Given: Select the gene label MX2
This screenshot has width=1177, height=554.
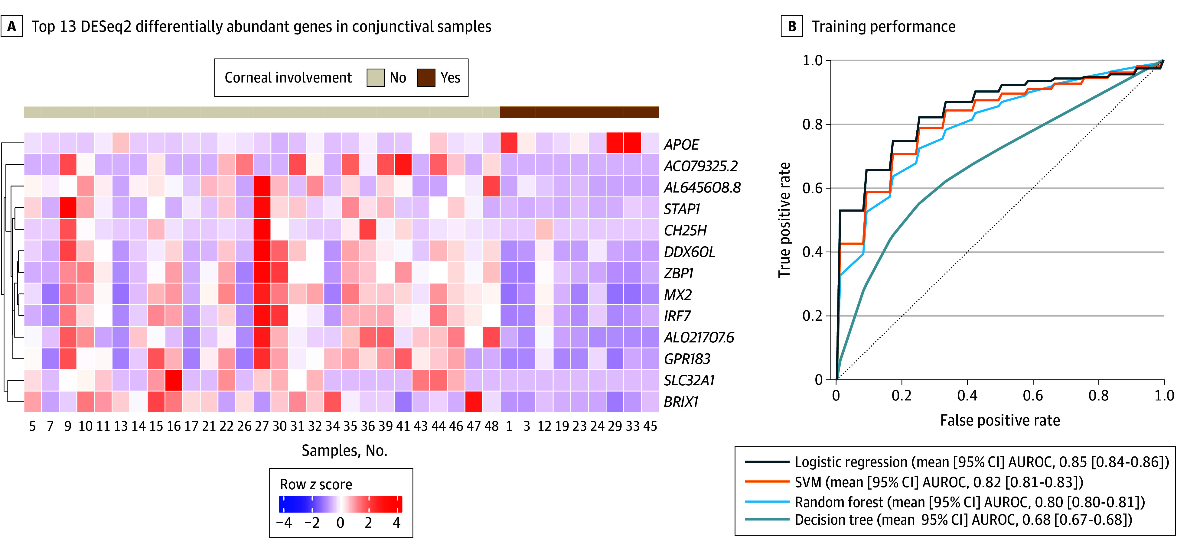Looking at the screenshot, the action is (x=678, y=295).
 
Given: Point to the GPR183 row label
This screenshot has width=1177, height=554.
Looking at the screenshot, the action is (x=687, y=359).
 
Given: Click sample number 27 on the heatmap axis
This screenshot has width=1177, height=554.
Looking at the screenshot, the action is (x=262, y=426).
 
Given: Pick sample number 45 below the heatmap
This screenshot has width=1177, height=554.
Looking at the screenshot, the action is (x=650, y=426).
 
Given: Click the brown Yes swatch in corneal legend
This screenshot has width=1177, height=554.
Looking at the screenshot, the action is (x=426, y=78).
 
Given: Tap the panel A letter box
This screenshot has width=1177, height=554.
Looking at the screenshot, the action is (x=11, y=27).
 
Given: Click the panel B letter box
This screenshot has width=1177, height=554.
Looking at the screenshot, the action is (x=792, y=27).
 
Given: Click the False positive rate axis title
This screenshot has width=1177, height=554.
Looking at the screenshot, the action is (x=1000, y=420).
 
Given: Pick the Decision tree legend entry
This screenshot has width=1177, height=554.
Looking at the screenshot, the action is (x=938, y=520).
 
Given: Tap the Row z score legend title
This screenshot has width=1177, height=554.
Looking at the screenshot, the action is (x=316, y=484).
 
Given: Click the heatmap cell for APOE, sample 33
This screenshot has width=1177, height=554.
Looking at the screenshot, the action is (x=632, y=143).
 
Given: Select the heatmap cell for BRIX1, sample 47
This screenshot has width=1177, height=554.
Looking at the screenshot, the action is (x=474, y=402).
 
